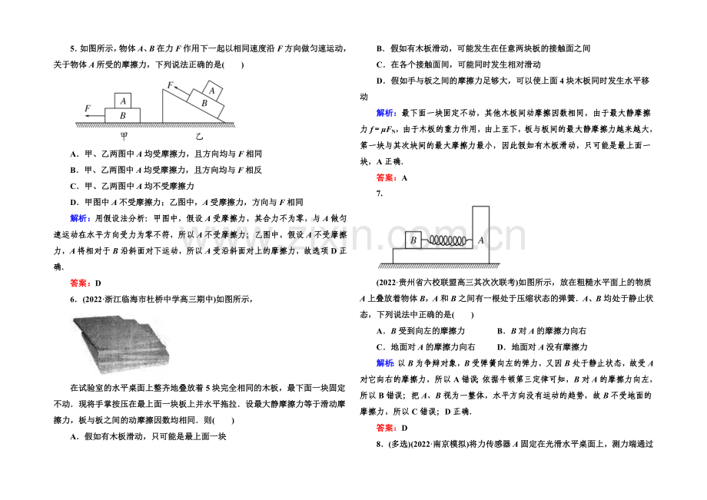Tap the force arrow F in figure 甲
(95, 114)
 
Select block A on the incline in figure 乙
(215, 91)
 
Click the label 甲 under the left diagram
(123, 135)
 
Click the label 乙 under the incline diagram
(199, 135)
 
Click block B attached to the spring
(414, 240)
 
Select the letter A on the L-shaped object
(480, 239)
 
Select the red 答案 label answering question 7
(387, 428)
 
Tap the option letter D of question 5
(73, 202)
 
